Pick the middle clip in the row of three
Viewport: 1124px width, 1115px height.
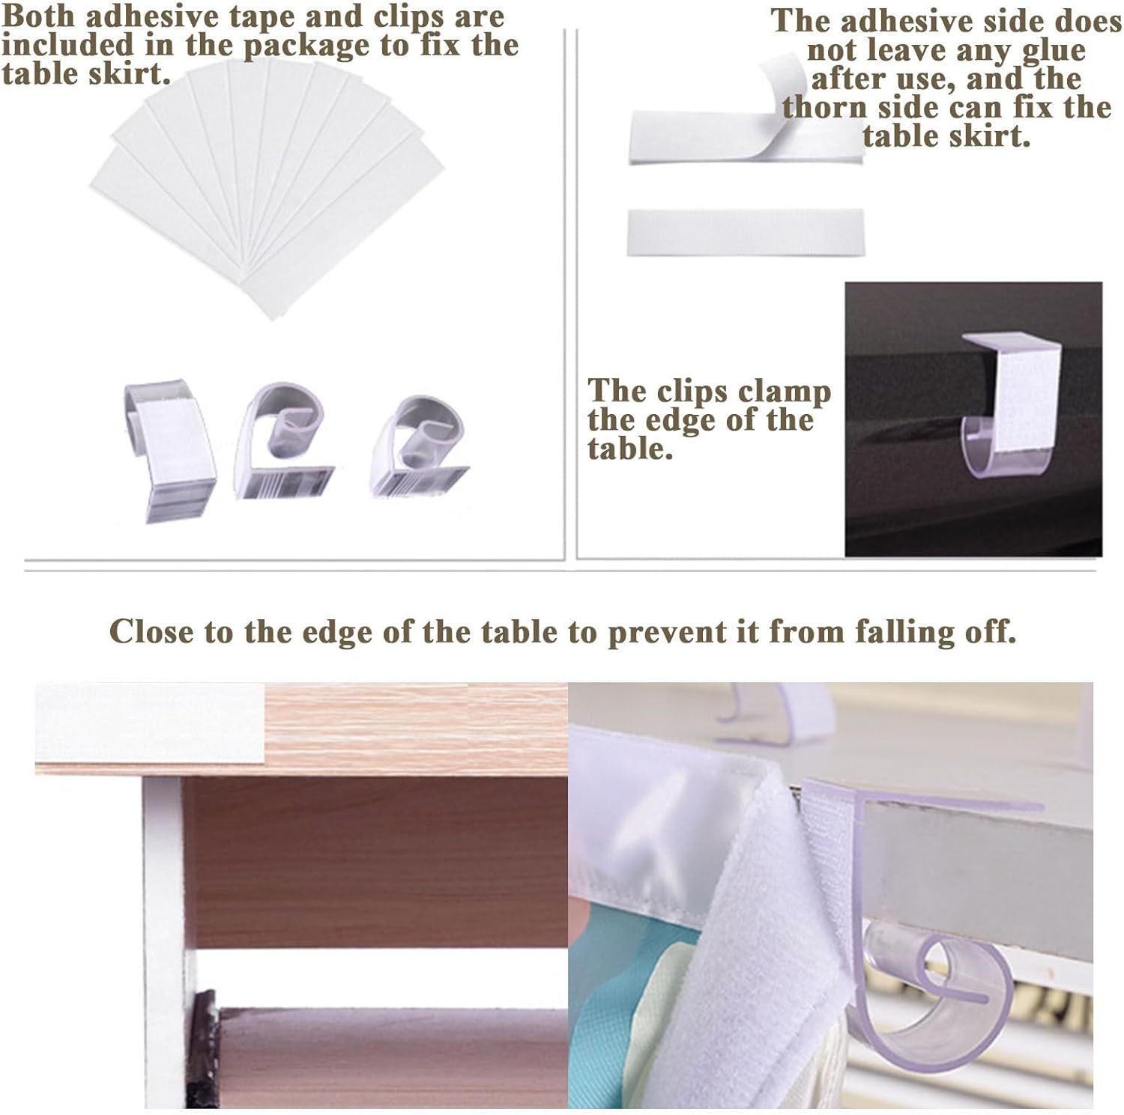281,442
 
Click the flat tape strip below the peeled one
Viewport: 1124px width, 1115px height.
746,233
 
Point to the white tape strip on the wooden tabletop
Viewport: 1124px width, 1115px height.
150,723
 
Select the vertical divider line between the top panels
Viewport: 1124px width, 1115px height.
575,294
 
